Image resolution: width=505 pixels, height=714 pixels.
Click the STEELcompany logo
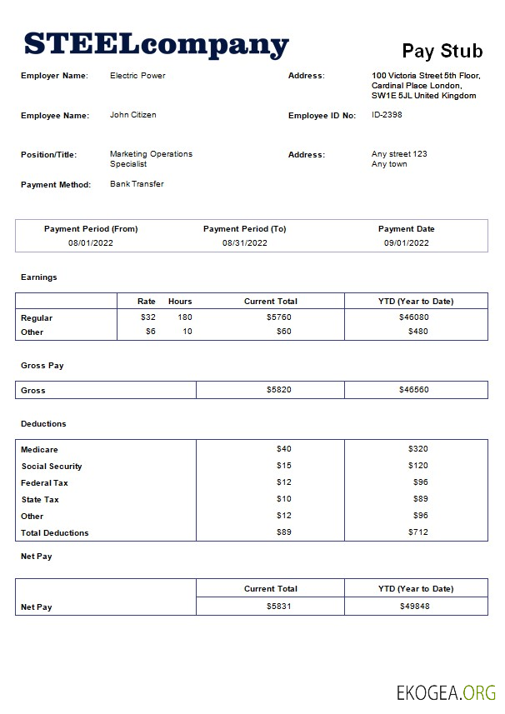(x=157, y=44)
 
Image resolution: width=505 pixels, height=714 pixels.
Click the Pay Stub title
(x=442, y=51)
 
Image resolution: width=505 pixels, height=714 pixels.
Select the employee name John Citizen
(x=132, y=115)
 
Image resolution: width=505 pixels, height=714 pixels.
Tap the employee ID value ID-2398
(x=387, y=115)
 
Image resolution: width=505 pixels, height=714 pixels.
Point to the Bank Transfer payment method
(x=137, y=184)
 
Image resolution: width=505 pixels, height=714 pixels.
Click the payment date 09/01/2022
(x=406, y=243)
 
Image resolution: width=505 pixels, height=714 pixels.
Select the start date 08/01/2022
(x=91, y=243)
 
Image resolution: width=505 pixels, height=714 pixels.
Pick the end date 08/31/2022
(x=244, y=243)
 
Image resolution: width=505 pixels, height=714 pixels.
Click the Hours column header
(x=180, y=302)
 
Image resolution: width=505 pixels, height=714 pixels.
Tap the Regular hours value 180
(x=184, y=317)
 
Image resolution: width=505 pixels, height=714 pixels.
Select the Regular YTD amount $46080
(x=414, y=317)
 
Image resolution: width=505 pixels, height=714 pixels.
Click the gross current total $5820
(x=278, y=390)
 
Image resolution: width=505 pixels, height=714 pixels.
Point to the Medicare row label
(x=39, y=450)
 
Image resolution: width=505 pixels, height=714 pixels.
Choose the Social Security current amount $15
(x=284, y=466)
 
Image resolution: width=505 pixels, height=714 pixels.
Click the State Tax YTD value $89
(x=419, y=499)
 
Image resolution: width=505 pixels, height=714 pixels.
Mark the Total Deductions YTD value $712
(x=417, y=532)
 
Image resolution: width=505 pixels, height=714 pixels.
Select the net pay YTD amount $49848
(x=414, y=607)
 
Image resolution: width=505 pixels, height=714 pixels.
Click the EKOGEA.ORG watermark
(x=445, y=691)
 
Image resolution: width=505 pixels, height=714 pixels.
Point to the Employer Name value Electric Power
(x=137, y=76)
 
